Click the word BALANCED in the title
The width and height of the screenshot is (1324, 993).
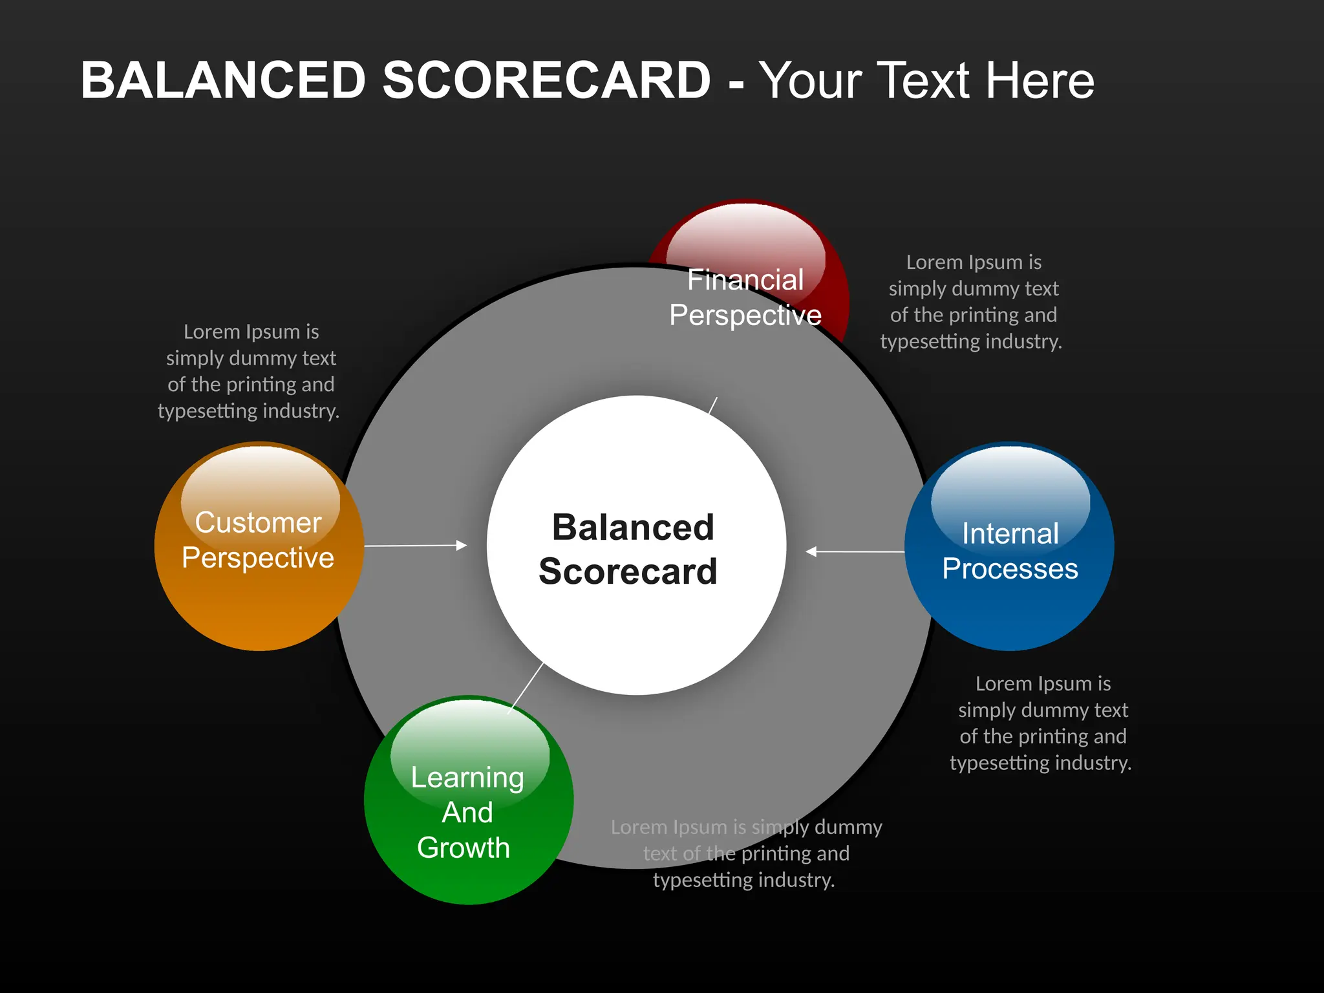tap(223, 80)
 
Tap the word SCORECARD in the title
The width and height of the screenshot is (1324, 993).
tap(546, 80)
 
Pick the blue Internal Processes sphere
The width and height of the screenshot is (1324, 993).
tap(1009, 614)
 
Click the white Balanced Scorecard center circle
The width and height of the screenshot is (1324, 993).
tap(637, 634)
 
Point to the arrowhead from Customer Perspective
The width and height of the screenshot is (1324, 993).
tap(462, 546)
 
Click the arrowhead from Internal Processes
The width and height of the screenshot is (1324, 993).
tap(811, 551)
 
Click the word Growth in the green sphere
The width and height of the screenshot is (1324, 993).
tap(464, 848)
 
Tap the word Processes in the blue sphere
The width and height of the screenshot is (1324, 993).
tap(1010, 569)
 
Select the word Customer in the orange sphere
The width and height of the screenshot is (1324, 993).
tap(258, 522)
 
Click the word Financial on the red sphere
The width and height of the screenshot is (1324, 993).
tap(745, 280)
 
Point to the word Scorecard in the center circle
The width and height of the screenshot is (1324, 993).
tap(628, 571)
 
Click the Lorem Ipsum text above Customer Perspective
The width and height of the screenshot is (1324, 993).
tap(250, 371)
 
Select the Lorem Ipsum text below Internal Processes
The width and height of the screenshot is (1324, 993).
tap(1041, 723)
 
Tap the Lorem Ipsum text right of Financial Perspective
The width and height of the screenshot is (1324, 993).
tap(972, 301)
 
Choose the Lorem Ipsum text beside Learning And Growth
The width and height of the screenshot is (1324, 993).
tap(745, 853)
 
